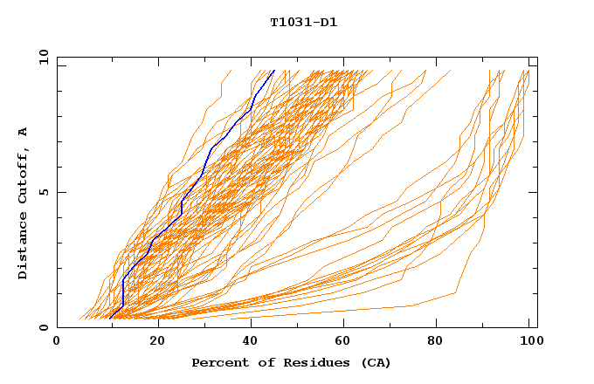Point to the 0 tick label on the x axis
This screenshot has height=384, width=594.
(57, 342)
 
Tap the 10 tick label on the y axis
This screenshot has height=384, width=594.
(41, 57)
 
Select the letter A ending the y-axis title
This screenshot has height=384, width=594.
(24, 132)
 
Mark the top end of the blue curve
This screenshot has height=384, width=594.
(274, 71)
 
